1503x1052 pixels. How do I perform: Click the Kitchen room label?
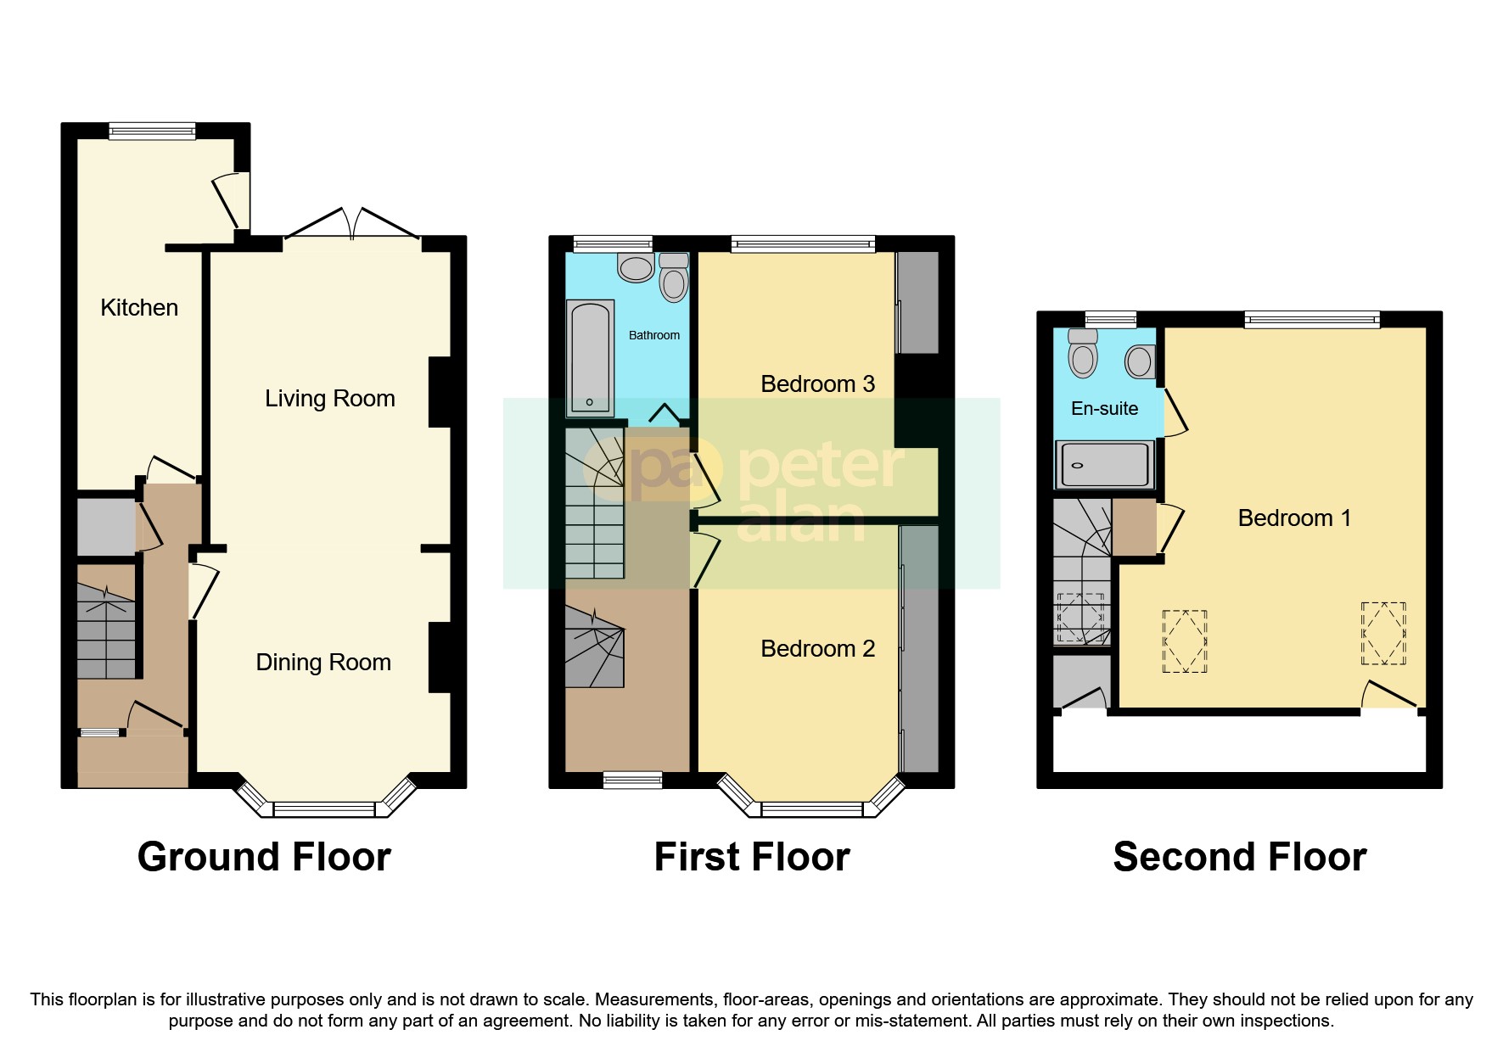pyautogui.click(x=139, y=307)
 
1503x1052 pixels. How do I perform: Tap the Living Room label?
pyautogui.click(x=329, y=398)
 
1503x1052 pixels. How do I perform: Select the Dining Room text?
pyautogui.click(x=323, y=662)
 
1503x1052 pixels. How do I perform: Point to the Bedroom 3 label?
pyautogui.click(x=817, y=383)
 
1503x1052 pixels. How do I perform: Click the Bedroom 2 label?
pyautogui.click(x=817, y=648)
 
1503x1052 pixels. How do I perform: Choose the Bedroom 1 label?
pyautogui.click(x=1293, y=518)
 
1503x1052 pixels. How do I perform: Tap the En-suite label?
pyautogui.click(x=1104, y=408)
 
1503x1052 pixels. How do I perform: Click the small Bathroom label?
pyautogui.click(x=653, y=335)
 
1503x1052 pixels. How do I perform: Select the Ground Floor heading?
pyautogui.click(x=264, y=857)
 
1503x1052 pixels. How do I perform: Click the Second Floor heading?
pyautogui.click(x=1239, y=857)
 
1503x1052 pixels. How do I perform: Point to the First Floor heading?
pyautogui.click(x=751, y=857)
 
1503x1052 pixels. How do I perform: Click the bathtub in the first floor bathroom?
pyautogui.click(x=589, y=357)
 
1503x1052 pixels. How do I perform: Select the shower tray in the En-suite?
pyautogui.click(x=1104, y=465)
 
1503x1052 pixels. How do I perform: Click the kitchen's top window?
pyautogui.click(x=153, y=131)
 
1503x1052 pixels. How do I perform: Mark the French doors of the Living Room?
pyautogui.click(x=352, y=224)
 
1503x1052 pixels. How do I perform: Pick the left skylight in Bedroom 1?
pyautogui.click(x=1184, y=641)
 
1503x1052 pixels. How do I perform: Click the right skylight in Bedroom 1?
pyautogui.click(x=1383, y=633)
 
